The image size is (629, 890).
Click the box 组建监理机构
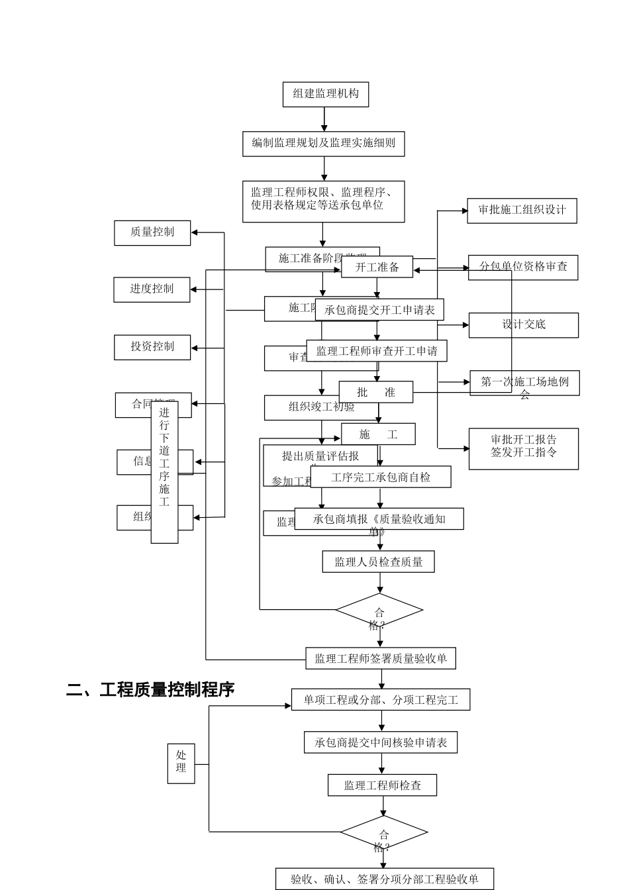325,94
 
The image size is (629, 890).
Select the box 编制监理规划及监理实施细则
323,143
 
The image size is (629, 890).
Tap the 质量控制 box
152,232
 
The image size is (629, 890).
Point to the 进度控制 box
152,289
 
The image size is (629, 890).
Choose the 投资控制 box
152,347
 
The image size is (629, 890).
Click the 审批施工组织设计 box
522,211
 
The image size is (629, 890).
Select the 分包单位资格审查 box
523,267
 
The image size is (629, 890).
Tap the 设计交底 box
523,325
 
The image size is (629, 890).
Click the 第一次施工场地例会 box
524,383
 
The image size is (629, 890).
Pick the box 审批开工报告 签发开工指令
523,448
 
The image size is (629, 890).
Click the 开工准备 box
377,267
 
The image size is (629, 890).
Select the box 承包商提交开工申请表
379,310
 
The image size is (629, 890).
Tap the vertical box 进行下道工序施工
164,471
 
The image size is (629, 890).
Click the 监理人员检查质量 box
379,562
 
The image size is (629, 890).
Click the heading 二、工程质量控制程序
150,689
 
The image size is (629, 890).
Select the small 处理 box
181,763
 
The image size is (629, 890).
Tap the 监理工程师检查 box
382,785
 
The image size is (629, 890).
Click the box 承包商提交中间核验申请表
381,742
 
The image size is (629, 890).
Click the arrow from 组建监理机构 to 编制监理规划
324,119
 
